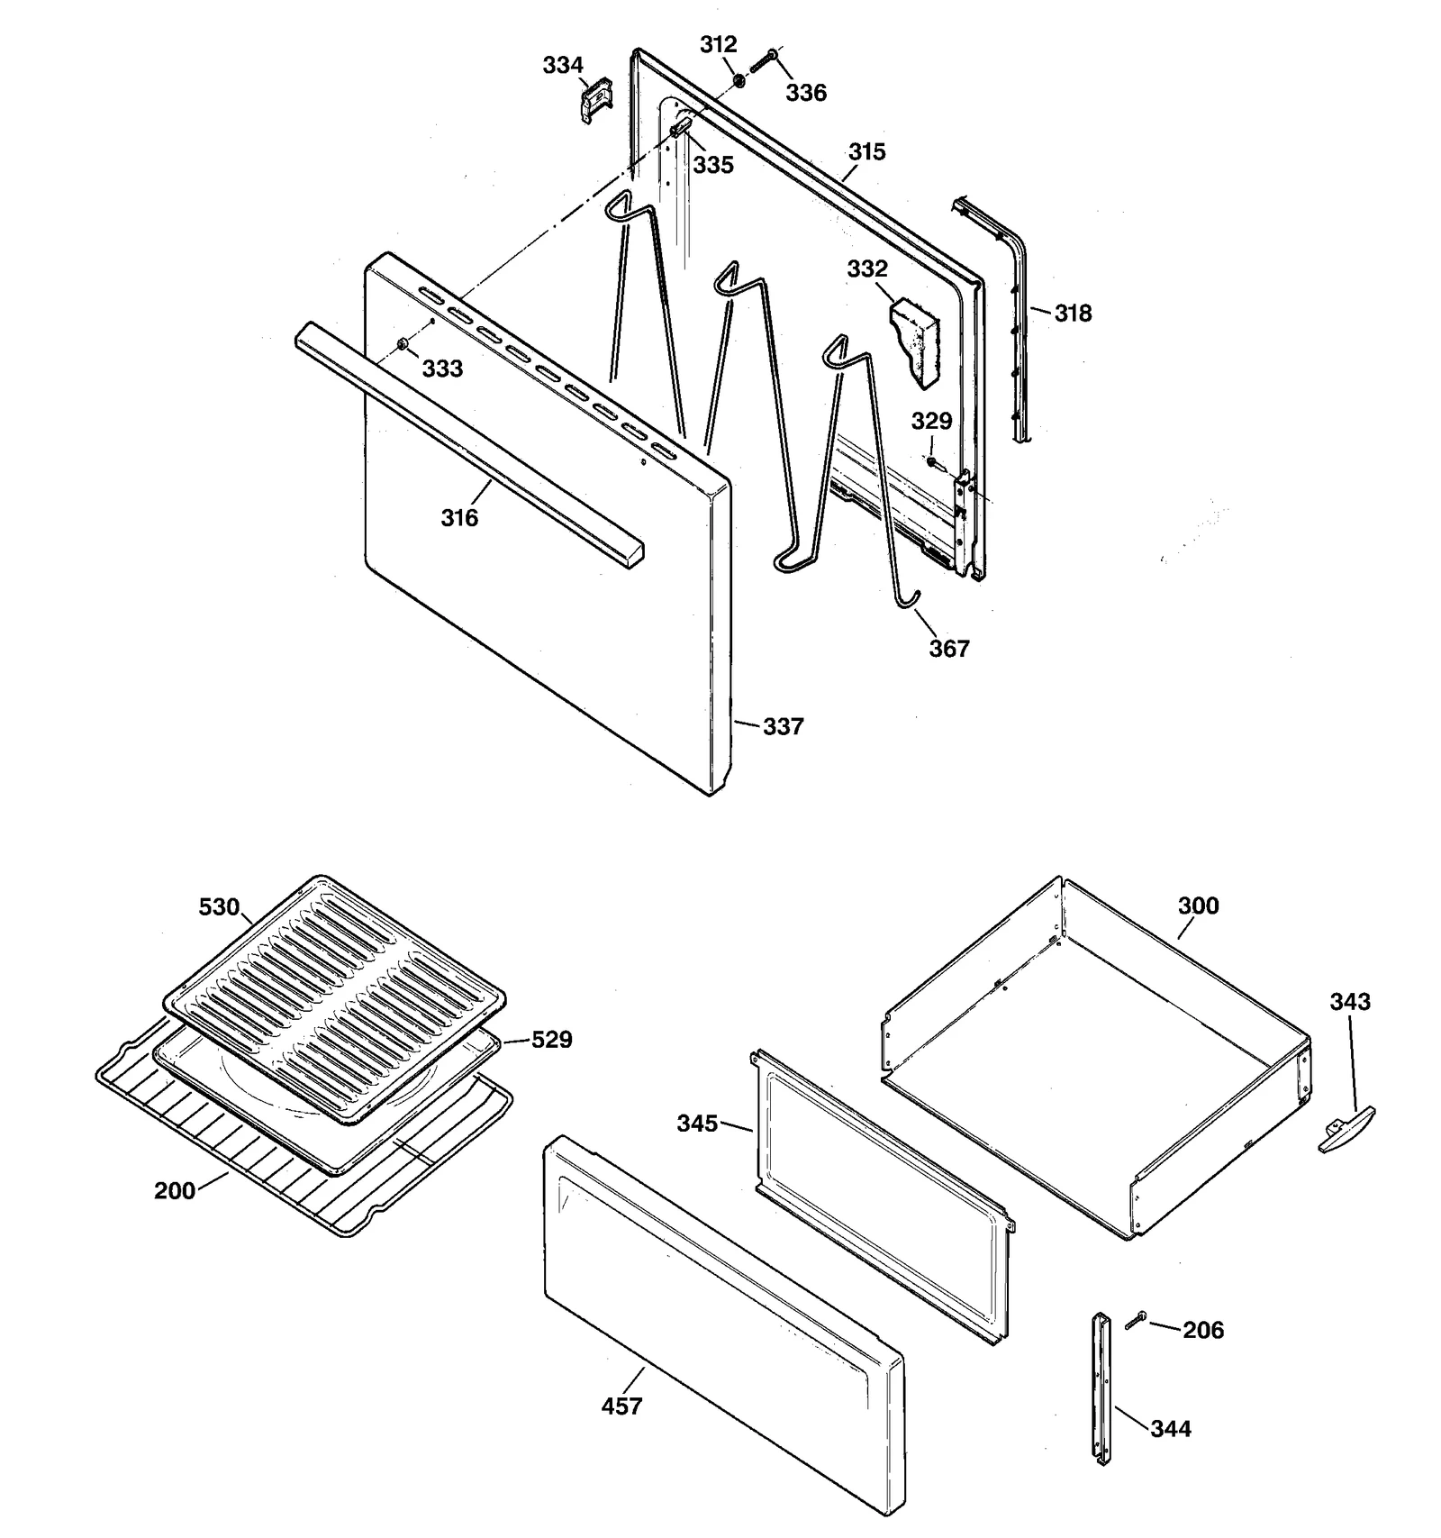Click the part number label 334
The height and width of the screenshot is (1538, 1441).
(x=562, y=65)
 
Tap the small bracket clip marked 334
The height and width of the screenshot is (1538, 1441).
(x=594, y=100)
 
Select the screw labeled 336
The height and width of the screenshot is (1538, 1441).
(x=764, y=61)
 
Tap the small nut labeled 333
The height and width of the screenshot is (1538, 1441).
(x=402, y=345)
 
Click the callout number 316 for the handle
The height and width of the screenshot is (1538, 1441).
(x=459, y=517)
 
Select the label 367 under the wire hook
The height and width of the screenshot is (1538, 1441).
(x=948, y=648)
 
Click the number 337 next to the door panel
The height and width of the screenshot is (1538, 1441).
(x=783, y=726)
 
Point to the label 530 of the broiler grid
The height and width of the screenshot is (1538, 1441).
(x=219, y=907)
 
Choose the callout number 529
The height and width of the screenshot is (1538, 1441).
(x=551, y=1040)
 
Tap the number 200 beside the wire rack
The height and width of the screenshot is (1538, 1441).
(x=175, y=1191)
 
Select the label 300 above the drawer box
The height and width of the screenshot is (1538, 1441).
(x=1198, y=906)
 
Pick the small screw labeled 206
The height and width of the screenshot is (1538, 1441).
(x=1135, y=1321)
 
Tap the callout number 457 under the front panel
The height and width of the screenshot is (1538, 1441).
(x=621, y=1406)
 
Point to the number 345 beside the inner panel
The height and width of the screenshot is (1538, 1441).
(x=698, y=1124)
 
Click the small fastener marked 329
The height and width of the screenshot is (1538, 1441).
(x=931, y=461)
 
